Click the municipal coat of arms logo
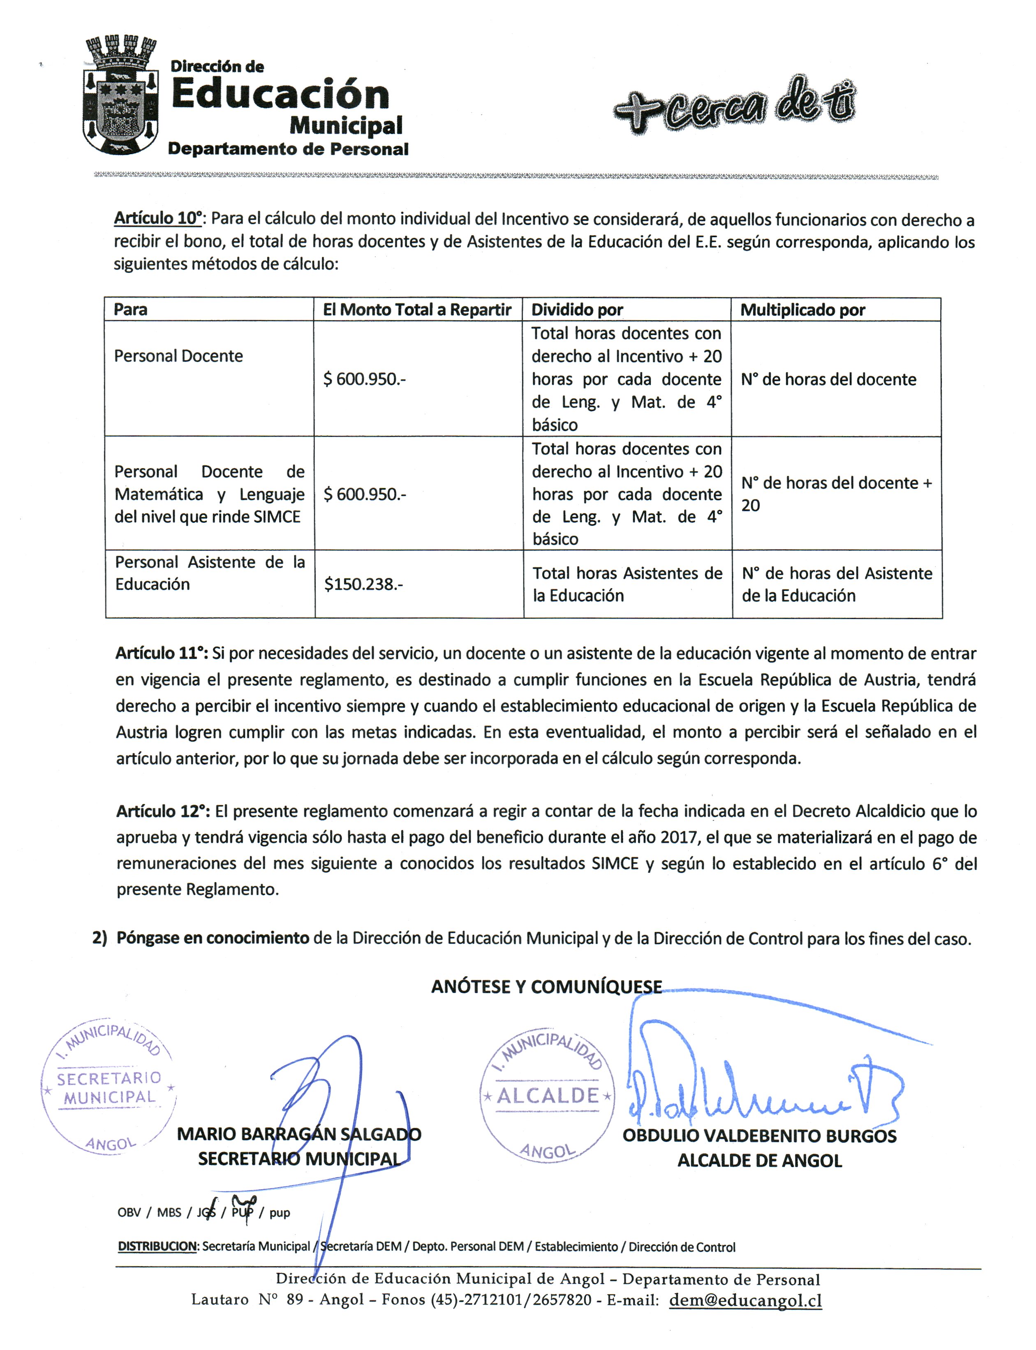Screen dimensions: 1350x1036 click(x=120, y=96)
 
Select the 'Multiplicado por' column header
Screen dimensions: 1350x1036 click(x=802, y=310)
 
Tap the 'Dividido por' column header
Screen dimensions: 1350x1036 click(x=577, y=310)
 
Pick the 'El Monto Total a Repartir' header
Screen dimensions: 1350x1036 click(x=417, y=310)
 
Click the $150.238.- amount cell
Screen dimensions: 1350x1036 click(x=363, y=584)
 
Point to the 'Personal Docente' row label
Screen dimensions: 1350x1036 click(x=178, y=356)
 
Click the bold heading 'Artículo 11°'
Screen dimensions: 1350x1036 click(x=162, y=653)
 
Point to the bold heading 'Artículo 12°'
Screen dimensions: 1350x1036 click(x=163, y=811)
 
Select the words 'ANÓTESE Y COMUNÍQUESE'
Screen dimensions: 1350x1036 click(x=546, y=987)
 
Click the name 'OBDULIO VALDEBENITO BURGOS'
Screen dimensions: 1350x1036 click(x=759, y=1136)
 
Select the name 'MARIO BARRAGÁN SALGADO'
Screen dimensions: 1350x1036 click(x=299, y=1134)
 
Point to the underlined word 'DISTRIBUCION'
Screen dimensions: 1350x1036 click(x=157, y=1246)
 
